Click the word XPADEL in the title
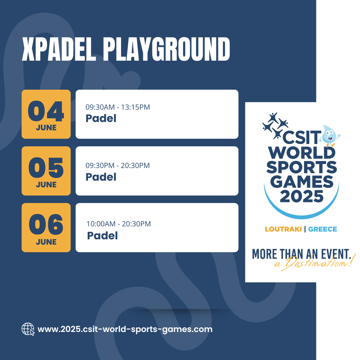tap(59, 49)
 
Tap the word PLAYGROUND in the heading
tap(166, 49)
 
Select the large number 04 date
tap(46, 111)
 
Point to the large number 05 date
tap(46, 168)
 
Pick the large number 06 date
tap(46, 224)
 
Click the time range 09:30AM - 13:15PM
tap(118, 107)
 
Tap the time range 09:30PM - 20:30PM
tap(118, 166)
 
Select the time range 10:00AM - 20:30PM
tap(118, 224)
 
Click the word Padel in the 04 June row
tap(101, 118)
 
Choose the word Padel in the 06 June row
tap(102, 236)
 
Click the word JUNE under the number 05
tap(46, 185)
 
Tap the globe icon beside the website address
tap(28, 329)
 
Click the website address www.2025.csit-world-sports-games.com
tap(125, 329)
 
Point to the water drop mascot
tap(330, 135)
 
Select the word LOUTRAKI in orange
tap(283, 229)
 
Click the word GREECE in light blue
tap(322, 229)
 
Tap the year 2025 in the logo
tap(301, 197)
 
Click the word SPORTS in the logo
tap(301, 167)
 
